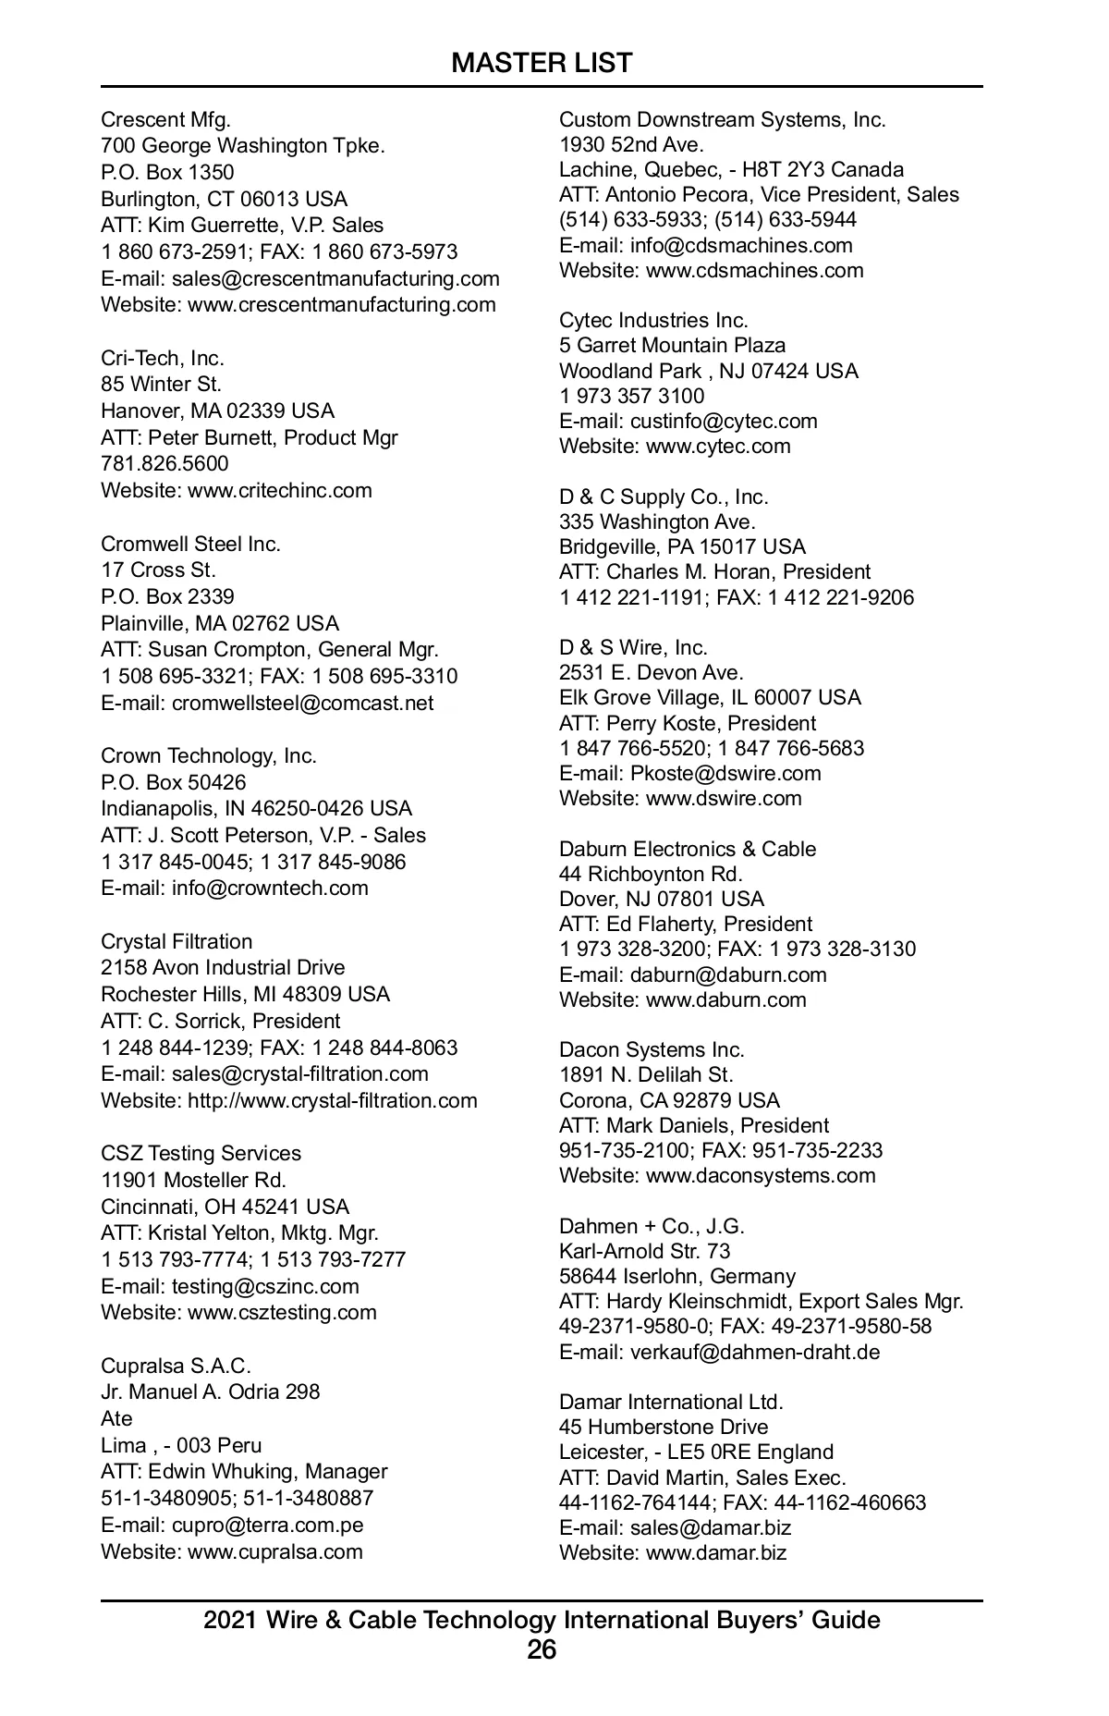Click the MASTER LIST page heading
pyautogui.click(x=542, y=63)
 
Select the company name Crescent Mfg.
pyautogui.click(x=165, y=119)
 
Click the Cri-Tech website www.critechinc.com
pyautogui.click(x=279, y=490)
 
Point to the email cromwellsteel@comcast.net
pyautogui.click(x=302, y=703)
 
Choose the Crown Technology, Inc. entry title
pyautogui.click(x=209, y=755)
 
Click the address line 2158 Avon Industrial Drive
pyautogui.click(x=223, y=967)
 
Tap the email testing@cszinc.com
pyautogui.click(x=265, y=1286)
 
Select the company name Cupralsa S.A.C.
pyautogui.click(x=176, y=1366)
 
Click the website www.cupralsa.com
pyautogui.click(x=274, y=1551)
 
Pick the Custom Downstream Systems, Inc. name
pyautogui.click(x=723, y=119)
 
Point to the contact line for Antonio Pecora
pyautogui.click(x=759, y=194)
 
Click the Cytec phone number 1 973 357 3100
pyautogui.click(x=631, y=396)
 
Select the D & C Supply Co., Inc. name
pyautogui.click(x=664, y=496)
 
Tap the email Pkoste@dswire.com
pyautogui.click(x=725, y=773)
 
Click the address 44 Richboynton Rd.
pyautogui.click(x=651, y=874)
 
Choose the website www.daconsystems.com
pyautogui.click(x=760, y=1175)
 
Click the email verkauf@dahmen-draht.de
pyautogui.click(x=754, y=1352)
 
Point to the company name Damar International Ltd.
pyautogui.click(x=671, y=1402)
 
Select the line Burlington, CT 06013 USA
pyautogui.click(x=225, y=199)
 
